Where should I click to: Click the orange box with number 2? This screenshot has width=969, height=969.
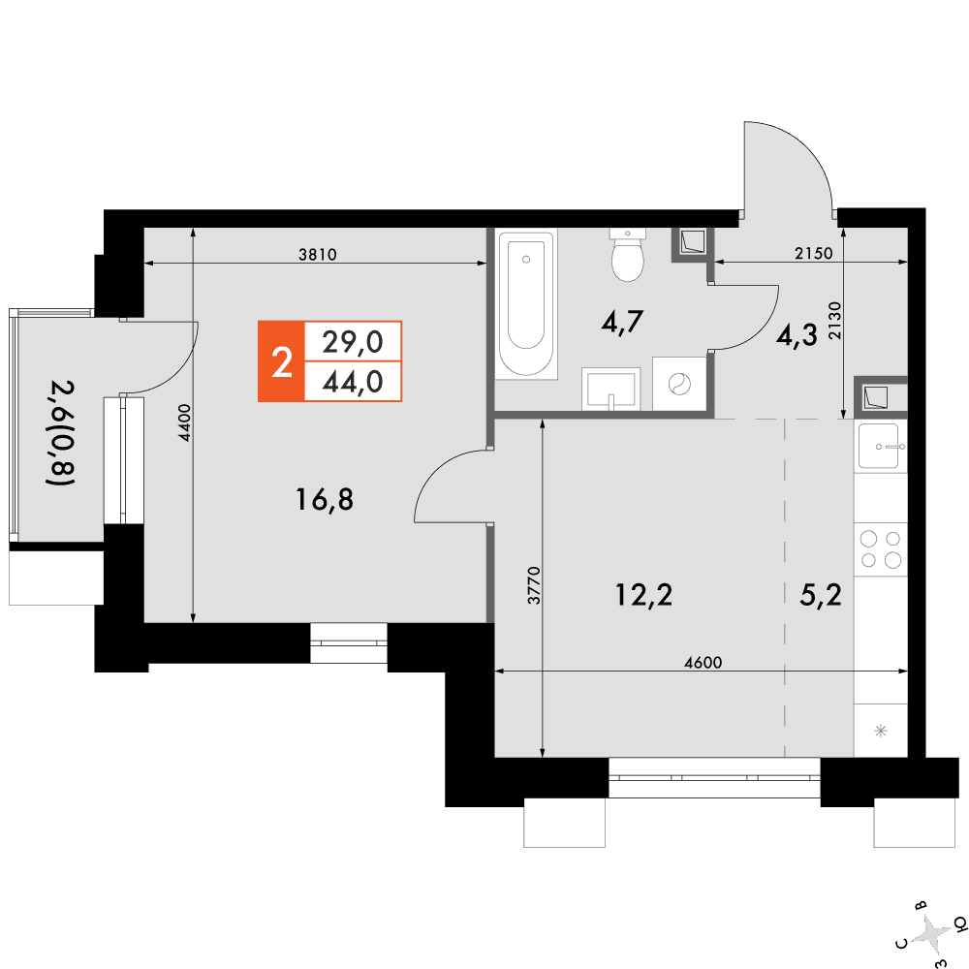click(281, 361)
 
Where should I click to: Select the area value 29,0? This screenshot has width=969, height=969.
click(353, 342)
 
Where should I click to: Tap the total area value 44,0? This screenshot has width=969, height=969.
click(353, 382)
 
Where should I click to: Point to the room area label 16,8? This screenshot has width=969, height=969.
click(325, 499)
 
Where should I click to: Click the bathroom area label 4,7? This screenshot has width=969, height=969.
click(622, 322)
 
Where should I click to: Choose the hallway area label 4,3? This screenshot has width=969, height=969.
click(797, 335)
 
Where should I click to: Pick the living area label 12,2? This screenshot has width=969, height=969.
click(643, 595)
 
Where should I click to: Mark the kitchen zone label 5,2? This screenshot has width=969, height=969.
click(821, 595)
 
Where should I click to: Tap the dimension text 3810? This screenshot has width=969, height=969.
click(318, 254)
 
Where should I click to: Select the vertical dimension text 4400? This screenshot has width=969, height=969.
click(185, 422)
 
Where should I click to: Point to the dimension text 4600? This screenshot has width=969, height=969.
click(703, 663)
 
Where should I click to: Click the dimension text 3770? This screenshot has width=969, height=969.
click(534, 585)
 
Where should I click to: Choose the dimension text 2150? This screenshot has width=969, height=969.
click(813, 253)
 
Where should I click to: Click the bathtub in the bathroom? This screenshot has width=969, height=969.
click(526, 303)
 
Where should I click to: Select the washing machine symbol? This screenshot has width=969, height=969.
click(679, 384)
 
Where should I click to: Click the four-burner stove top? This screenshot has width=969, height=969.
click(881, 549)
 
